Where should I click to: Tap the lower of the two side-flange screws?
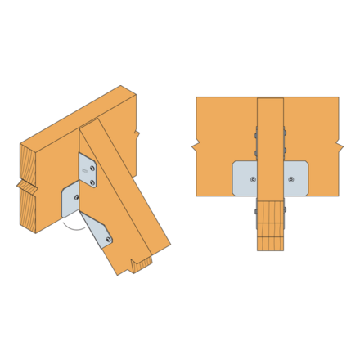click(x=92, y=182)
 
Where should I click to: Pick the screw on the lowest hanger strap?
click(x=109, y=240)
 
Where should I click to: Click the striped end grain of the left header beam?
click(x=28, y=196)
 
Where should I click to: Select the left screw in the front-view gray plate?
click(x=253, y=179)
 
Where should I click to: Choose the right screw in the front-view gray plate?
click(x=290, y=179)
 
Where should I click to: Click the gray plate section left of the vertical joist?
click(x=245, y=178)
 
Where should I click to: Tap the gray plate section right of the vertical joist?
click(x=295, y=178)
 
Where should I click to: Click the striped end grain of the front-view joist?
click(x=270, y=237)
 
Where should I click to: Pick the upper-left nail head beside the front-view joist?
click(x=255, y=135)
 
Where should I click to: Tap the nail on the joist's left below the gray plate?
click(x=256, y=210)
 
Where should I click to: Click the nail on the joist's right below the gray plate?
click(x=285, y=210)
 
